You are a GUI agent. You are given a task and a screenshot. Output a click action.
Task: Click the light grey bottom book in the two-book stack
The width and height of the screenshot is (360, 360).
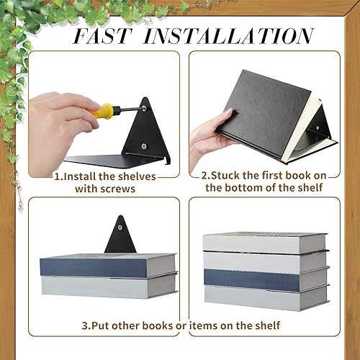(x=107, y=286)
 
